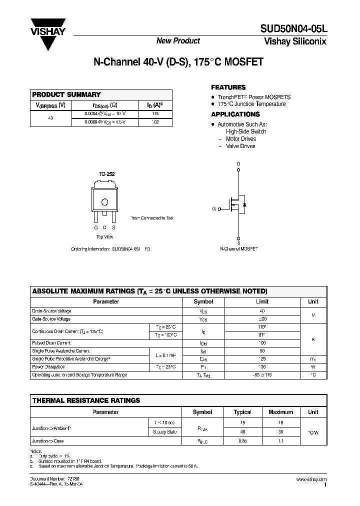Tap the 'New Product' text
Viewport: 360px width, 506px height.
coord(178,41)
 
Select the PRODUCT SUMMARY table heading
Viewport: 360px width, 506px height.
coord(66,94)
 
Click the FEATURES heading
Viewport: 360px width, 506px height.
coord(228,87)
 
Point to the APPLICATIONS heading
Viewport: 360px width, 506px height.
coord(235,114)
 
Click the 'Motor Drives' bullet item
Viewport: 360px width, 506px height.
coord(240,139)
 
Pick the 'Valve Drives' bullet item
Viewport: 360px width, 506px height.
coord(240,146)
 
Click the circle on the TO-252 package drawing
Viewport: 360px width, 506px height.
coord(105,202)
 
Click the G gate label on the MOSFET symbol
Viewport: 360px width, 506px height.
coord(214,208)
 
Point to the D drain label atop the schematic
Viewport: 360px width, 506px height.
coord(238,164)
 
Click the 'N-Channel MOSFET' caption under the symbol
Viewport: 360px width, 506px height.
coord(239,248)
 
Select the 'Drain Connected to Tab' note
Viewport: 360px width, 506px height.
coord(151,218)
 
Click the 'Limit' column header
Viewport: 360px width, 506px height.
coord(262,301)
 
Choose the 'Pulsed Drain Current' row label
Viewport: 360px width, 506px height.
coord(51,343)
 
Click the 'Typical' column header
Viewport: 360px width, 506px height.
coord(242,412)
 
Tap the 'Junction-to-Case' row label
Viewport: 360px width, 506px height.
coord(48,441)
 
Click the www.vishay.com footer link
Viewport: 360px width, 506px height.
coord(311,479)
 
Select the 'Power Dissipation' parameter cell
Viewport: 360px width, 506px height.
coord(48,366)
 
